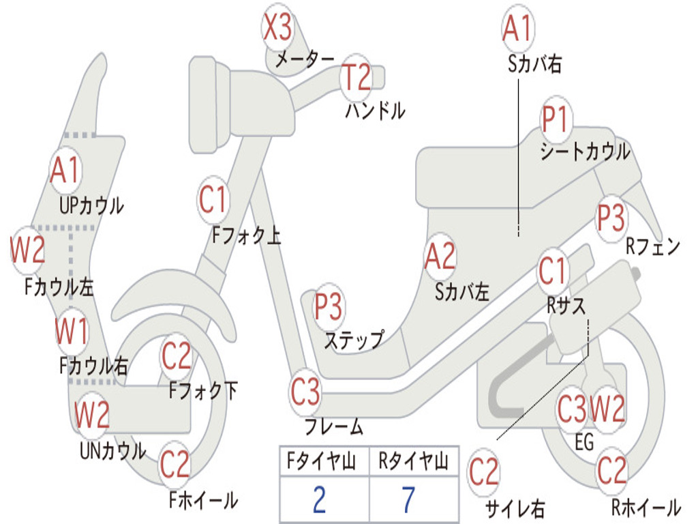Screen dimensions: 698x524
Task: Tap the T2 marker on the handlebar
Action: click(356, 77)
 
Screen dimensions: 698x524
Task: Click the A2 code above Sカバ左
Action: click(440, 257)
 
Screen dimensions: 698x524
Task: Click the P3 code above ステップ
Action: click(329, 307)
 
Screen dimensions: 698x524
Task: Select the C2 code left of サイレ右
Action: click(484, 472)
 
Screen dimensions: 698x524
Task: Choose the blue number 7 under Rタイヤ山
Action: click(408, 500)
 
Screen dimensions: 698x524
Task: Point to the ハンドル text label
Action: click(375, 111)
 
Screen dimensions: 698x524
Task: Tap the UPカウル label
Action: click(91, 205)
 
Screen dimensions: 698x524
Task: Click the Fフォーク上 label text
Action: click(246, 236)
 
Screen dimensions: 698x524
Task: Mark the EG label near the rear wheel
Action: click(584, 442)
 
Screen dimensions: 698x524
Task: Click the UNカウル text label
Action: click(112, 450)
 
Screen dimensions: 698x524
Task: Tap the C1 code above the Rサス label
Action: click(553, 272)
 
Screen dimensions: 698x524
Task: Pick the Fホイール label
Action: click(203, 500)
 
